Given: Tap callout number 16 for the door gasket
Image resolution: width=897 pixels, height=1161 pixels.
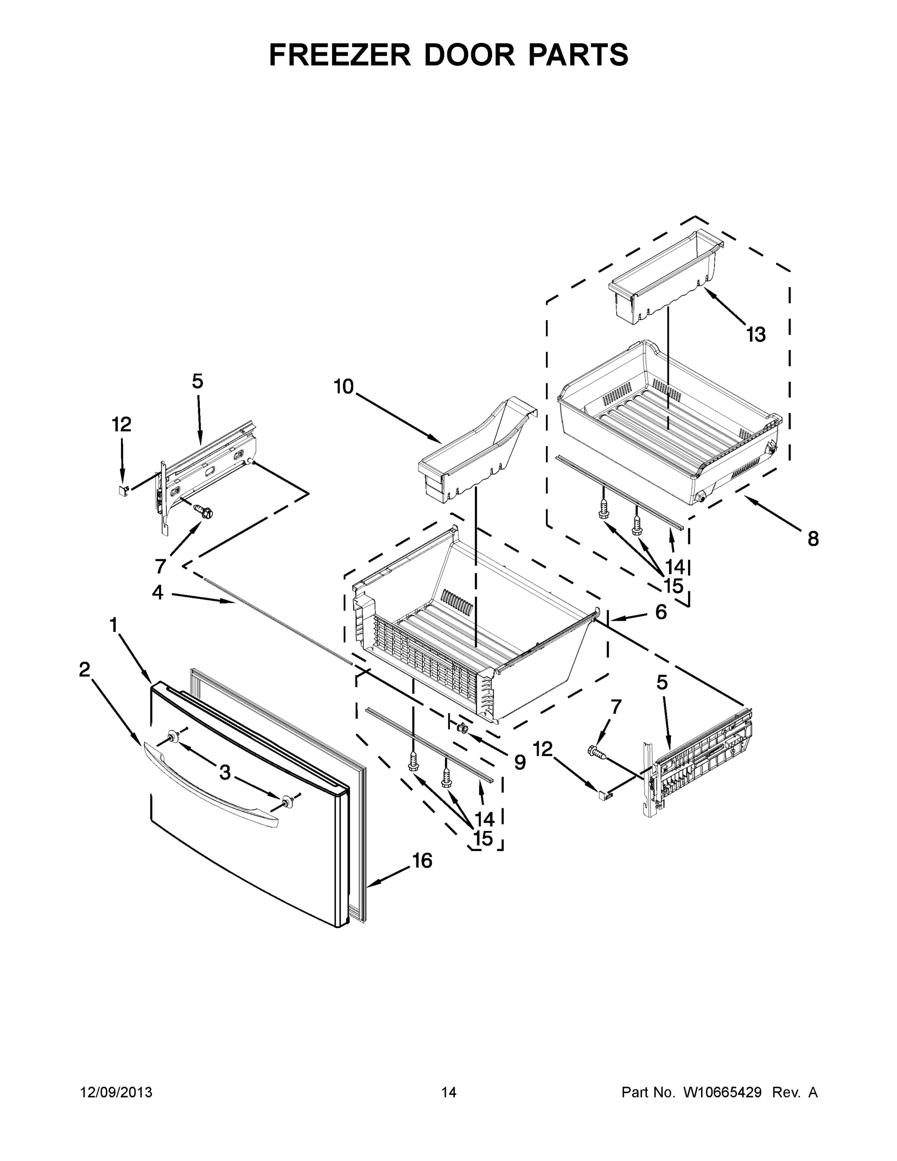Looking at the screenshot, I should pyautogui.click(x=423, y=860).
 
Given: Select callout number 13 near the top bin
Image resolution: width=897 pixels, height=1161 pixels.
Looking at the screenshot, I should pyautogui.click(x=755, y=335).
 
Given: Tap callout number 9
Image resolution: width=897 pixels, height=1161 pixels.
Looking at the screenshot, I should pyautogui.click(x=520, y=762).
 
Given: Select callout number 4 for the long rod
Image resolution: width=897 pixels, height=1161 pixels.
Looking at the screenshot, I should pyautogui.click(x=157, y=592).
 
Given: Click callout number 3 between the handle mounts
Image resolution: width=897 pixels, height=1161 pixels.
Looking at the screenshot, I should pyautogui.click(x=225, y=773).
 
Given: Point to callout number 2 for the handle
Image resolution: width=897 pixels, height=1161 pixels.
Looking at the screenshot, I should pyautogui.click(x=85, y=670).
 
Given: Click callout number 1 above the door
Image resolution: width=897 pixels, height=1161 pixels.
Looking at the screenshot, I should pyautogui.click(x=113, y=625).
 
